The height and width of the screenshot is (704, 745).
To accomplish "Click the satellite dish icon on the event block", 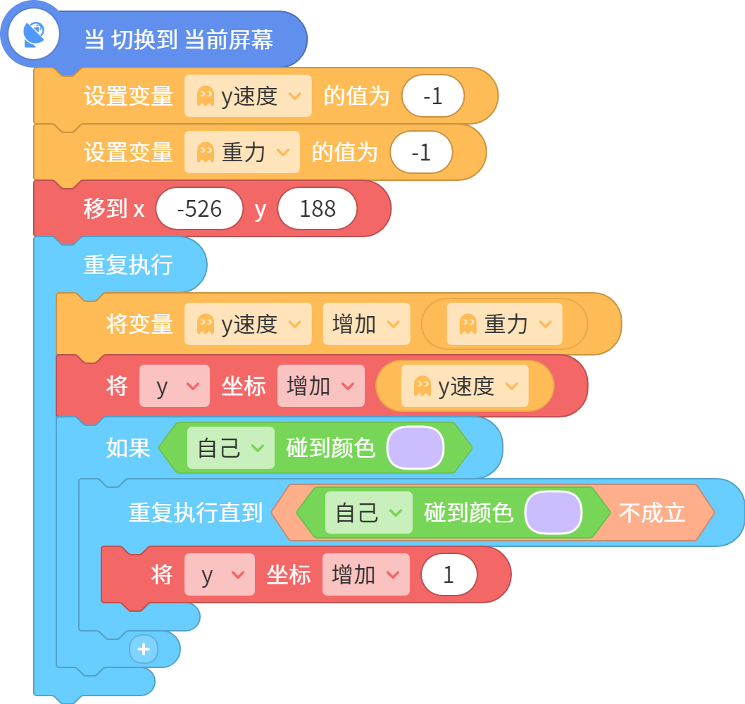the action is click(x=34, y=34).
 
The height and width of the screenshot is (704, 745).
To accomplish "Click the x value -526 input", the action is click(x=199, y=208).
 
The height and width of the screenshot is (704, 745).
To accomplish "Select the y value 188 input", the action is click(x=318, y=208).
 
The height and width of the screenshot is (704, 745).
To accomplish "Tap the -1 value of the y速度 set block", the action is click(x=433, y=96).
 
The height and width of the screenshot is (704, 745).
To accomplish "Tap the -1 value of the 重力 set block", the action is click(x=421, y=152).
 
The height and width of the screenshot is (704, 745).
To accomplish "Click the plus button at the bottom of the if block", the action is click(x=144, y=649).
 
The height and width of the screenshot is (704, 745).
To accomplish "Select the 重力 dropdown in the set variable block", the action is click(x=242, y=152).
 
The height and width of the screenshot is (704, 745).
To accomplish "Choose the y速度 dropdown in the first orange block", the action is click(x=248, y=96).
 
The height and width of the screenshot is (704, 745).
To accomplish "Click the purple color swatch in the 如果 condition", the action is click(x=415, y=448).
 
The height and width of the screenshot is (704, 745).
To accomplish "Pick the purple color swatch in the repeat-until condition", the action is click(x=553, y=513).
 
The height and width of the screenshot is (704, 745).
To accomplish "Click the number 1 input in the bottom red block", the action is click(x=449, y=574).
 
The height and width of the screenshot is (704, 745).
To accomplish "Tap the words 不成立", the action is click(x=652, y=513).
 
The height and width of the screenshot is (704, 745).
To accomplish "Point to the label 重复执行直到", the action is click(x=196, y=513).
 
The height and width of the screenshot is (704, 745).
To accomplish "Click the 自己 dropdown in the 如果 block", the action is click(x=231, y=448).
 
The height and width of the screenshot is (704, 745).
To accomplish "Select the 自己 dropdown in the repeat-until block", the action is click(x=369, y=513).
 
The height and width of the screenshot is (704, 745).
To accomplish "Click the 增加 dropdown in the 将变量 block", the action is click(x=366, y=324).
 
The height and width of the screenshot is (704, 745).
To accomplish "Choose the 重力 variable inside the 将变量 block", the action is click(x=505, y=324).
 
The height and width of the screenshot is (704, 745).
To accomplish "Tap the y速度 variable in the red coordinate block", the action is click(x=465, y=386).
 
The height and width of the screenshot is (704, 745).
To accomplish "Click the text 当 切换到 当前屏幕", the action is click(x=179, y=39).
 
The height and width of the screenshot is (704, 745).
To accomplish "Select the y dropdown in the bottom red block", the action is click(x=220, y=574).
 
